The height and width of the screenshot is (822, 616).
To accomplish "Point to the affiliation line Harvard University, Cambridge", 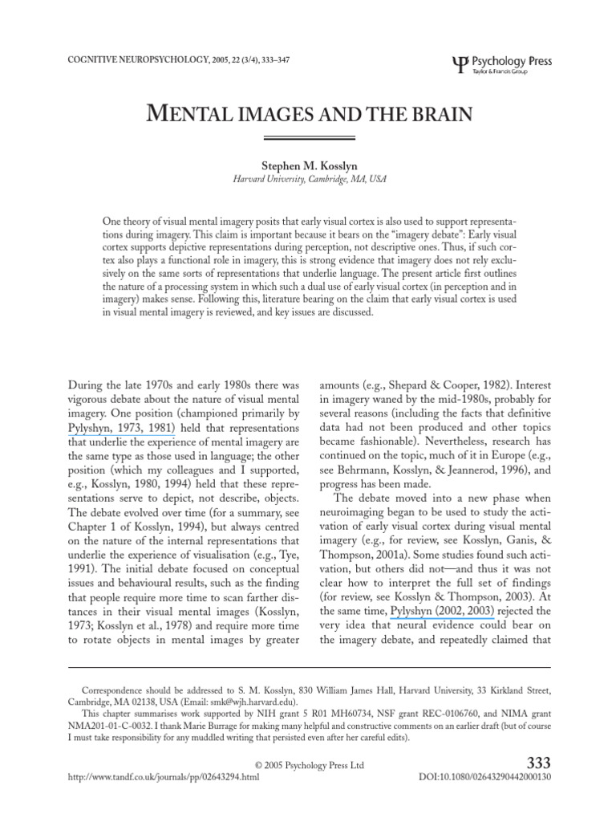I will tap(308, 179).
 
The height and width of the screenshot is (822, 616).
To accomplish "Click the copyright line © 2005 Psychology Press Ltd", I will tap(308, 766).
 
